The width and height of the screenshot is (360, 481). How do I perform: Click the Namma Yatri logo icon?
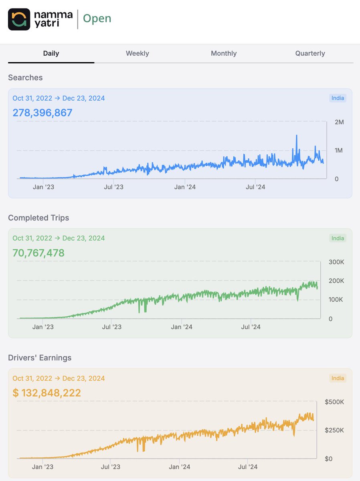(19, 19)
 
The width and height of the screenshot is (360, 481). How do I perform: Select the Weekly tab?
(137, 53)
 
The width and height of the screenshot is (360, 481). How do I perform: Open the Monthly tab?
(224, 53)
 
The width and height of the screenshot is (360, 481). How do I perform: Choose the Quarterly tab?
(310, 53)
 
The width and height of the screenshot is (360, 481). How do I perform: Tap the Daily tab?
(51, 53)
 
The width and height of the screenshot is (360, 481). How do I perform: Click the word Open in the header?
(97, 19)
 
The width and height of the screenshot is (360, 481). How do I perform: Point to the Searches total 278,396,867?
(42, 113)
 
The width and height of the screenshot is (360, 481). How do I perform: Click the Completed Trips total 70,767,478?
(38, 253)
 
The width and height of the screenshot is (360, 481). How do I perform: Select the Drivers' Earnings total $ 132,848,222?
(47, 393)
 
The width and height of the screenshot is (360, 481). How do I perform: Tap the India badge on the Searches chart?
(338, 98)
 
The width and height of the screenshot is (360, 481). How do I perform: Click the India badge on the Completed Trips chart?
(338, 238)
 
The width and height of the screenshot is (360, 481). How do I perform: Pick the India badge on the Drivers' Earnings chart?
(338, 378)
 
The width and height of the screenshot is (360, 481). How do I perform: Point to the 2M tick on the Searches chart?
(339, 122)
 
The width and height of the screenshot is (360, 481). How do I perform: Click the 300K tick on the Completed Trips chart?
(336, 262)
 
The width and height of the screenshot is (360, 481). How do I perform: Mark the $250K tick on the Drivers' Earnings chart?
(334, 430)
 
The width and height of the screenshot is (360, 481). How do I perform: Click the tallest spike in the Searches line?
(297, 136)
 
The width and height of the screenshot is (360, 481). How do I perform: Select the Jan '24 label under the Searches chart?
(185, 187)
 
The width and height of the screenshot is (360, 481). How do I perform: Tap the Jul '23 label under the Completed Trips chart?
(111, 327)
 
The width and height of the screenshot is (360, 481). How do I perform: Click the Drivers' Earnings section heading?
(40, 358)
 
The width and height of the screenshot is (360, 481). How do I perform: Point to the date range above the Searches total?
(59, 98)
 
